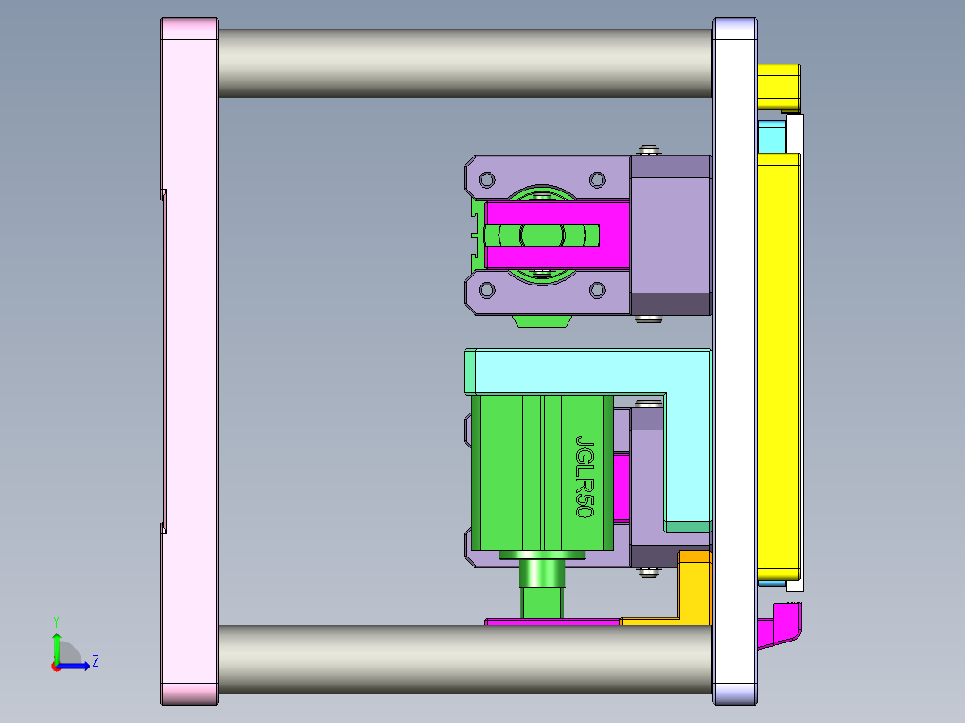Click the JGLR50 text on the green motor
point(585,477)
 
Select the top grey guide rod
point(465,63)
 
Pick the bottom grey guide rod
point(465,660)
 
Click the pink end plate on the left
point(189,358)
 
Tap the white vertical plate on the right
point(735,358)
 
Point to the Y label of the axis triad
point(56,621)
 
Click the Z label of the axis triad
point(95,661)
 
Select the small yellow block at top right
point(778,84)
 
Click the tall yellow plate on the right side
point(778,358)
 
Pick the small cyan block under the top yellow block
point(771,138)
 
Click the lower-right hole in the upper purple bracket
point(596,290)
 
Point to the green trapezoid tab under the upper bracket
point(542,320)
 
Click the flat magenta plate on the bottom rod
point(552,621)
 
